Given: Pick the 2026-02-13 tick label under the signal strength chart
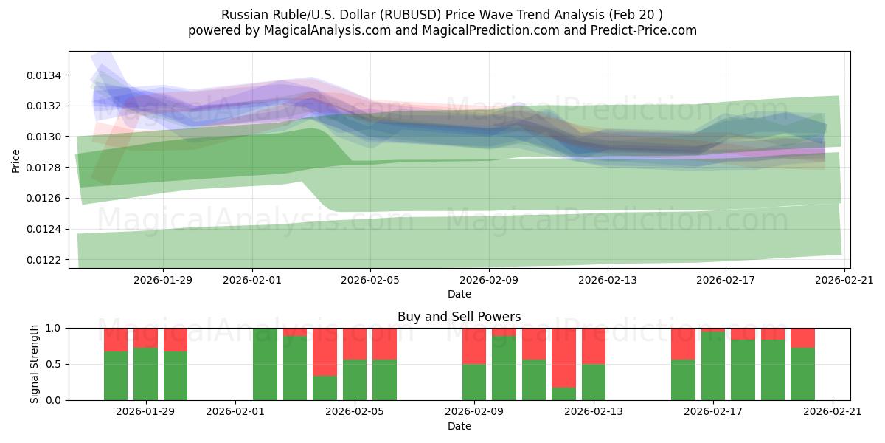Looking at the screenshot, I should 594,412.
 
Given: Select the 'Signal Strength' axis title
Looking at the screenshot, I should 34,364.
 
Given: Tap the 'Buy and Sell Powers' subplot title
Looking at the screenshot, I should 459,317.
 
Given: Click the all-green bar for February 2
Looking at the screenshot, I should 265,364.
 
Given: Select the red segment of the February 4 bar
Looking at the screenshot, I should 324,351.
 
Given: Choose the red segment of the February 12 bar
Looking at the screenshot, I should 563,357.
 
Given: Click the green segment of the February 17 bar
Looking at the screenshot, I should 713,366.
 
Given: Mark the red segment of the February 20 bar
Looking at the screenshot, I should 802,337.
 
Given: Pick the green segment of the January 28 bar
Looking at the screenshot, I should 116,376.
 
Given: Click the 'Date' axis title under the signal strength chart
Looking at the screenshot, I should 459,426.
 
